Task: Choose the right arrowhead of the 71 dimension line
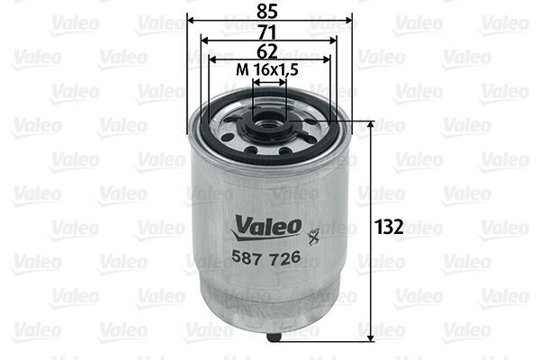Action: point(335,40)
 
